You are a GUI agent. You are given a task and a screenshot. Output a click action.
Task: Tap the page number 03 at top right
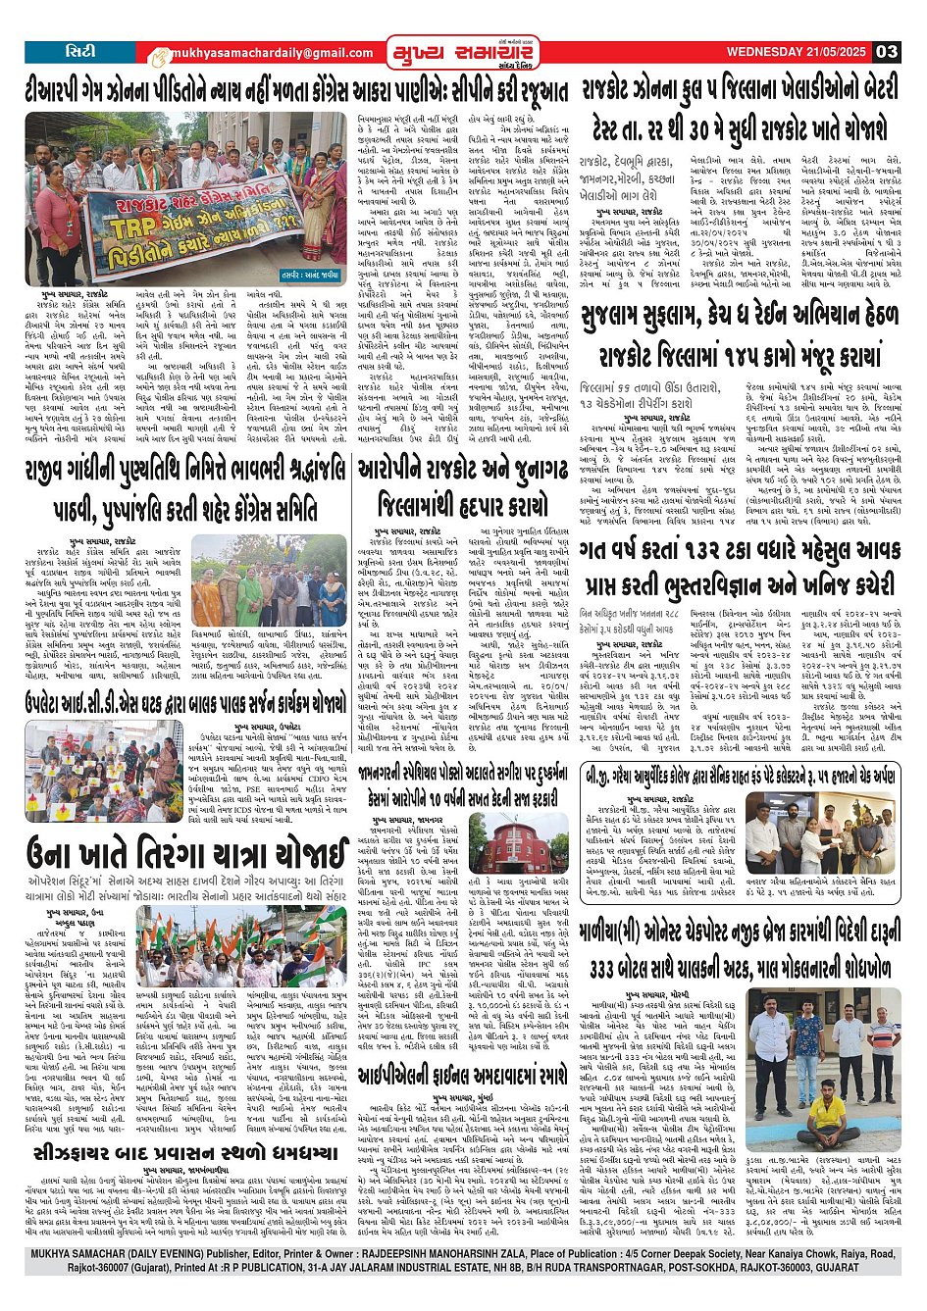tap(887, 52)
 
